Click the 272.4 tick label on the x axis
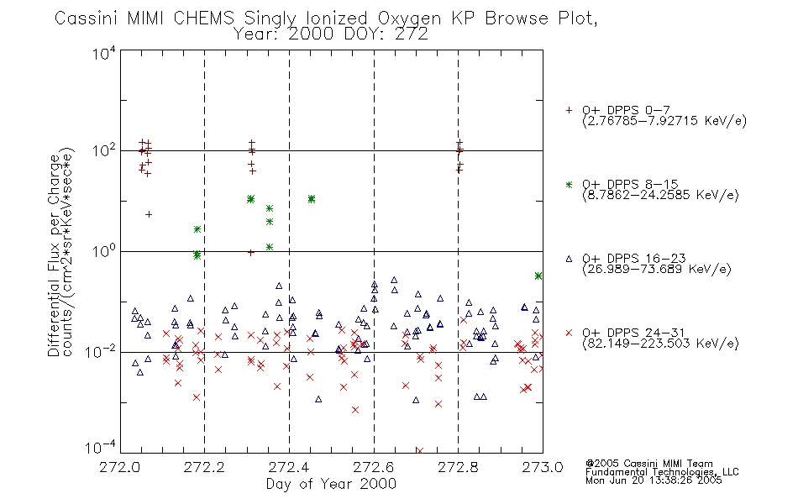(x=289, y=467)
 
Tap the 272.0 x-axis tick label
(x=120, y=467)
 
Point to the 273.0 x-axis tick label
(x=543, y=467)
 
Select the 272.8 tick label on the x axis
(x=458, y=467)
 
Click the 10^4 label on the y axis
(x=104, y=53)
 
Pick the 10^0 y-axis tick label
(x=104, y=250)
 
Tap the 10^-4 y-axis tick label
(x=101, y=447)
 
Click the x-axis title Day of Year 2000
(x=331, y=484)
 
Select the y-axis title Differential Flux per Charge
(x=55, y=255)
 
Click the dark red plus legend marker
(x=569, y=110)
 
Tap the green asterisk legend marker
(x=569, y=184)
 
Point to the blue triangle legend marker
(x=569, y=259)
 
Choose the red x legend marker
(x=569, y=333)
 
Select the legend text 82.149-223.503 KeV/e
(x=660, y=343)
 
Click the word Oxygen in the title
(x=410, y=18)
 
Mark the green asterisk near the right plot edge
(x=538, y=276)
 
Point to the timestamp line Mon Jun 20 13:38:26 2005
(x=654, y=480)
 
